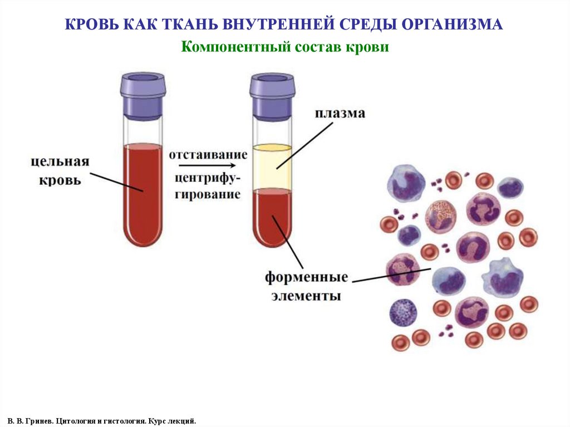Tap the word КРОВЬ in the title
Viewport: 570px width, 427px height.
tap(92, 24)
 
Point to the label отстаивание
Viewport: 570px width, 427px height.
tap(208, 154)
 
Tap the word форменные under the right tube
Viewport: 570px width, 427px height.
tap(306, 277)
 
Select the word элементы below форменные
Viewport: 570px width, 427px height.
tap(306, 296)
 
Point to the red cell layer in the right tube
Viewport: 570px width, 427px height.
tap(272, 217)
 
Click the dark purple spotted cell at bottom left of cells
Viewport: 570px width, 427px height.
tap(403, 312)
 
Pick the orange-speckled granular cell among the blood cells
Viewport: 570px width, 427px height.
tap(441, 217)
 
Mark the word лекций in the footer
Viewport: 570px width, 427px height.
tap(181, 421)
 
